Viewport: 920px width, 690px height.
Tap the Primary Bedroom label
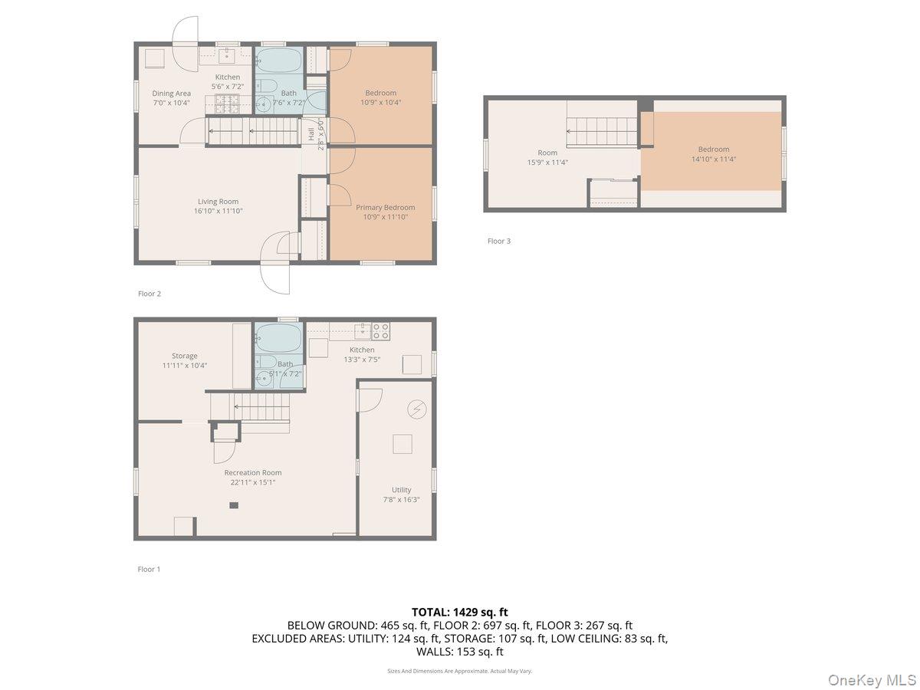tap(385, 207)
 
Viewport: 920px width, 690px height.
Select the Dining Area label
tap(171, 94)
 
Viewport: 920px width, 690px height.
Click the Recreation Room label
tap(252, 472)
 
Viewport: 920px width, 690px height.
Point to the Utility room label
tap(401, 490)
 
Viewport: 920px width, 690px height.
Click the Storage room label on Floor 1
tap(184, 356)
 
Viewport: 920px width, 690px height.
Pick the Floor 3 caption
tap(498, 241)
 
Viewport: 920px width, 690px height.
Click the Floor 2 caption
tap(149, 294)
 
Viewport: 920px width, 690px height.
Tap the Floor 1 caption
tap(149, 569)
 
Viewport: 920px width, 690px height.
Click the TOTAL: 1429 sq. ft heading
tap(459, 612)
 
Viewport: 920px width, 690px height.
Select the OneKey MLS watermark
tap(872, 679)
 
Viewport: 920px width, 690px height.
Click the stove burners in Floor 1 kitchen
tap(381, 331)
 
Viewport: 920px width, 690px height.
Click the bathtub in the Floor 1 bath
tap(278, 336)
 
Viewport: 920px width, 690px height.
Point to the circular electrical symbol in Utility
tap(417, 409)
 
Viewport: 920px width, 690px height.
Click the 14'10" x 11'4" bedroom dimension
tap(713, 159)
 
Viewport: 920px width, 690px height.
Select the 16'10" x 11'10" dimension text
tap(218, 211)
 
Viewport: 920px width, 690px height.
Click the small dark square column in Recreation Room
tap(234, 505)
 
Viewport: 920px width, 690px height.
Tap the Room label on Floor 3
tap(547, 153)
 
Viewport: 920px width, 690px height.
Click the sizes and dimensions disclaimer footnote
tap(459, 671)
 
